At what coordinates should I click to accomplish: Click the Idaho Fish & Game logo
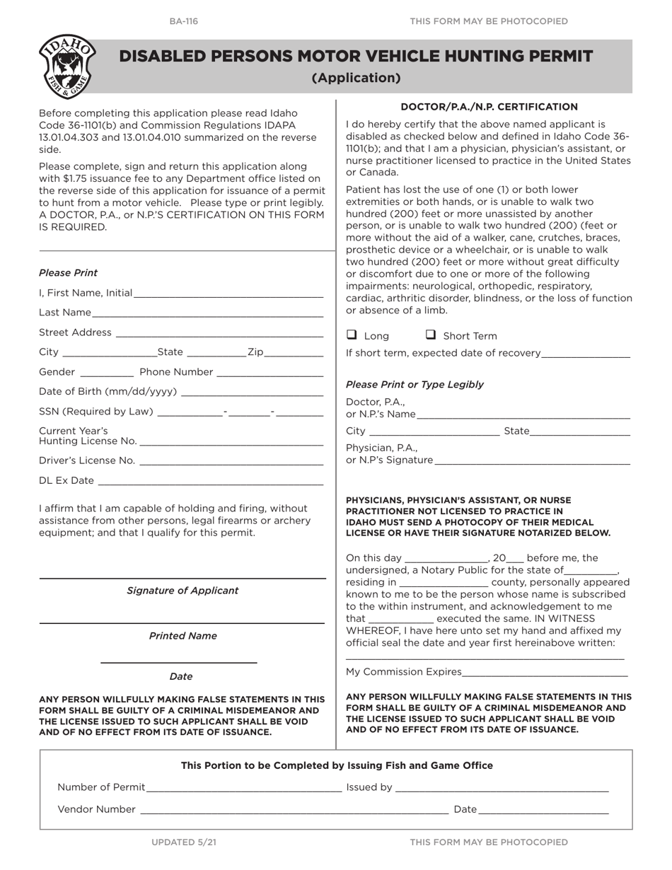(x=67, y=67)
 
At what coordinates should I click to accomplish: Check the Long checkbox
(x=352, y=335)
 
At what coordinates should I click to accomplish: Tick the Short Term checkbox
(x=430, y=335)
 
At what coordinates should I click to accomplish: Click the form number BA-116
(x=184, y=21)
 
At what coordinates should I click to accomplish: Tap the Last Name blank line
(x=207, y=313)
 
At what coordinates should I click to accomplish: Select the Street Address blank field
(x=219, y=333)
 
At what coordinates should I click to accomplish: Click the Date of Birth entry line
(x=252, y=393)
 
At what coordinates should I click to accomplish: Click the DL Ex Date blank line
(x=210, y=482)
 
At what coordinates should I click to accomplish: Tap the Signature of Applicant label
(x=183, y=591)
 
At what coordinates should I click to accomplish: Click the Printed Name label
(x=183, y=636)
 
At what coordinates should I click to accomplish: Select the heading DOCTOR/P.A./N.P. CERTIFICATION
(x=489, y=107)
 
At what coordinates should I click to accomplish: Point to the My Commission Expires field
(x=545, y=673)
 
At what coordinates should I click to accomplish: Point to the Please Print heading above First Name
(x=69, y=273)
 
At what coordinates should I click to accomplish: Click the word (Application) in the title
(x=357, y=78)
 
